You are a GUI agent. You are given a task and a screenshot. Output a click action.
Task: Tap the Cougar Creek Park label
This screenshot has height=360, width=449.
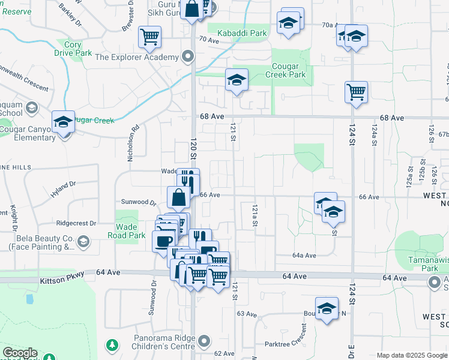point(281,70)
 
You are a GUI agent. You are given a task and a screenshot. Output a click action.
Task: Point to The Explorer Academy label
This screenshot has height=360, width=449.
point(137,57)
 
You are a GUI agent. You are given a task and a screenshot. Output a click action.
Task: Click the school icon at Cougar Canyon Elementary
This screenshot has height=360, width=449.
point(63,123)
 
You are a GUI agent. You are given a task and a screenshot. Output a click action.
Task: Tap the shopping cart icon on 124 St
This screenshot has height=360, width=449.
point(356,92)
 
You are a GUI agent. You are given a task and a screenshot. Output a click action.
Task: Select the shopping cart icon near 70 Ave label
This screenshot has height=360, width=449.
point(149,37)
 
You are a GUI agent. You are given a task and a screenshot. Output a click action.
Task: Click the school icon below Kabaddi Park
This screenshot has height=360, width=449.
point(237,80)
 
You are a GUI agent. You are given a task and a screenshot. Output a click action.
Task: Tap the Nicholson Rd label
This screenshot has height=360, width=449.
point(133,143)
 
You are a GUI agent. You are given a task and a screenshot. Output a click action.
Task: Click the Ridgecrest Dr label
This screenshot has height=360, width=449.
point(76,223)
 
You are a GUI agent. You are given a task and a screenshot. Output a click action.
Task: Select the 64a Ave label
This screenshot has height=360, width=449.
point(304,256)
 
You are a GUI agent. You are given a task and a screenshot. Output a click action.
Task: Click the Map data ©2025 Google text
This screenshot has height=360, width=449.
point(412,355)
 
